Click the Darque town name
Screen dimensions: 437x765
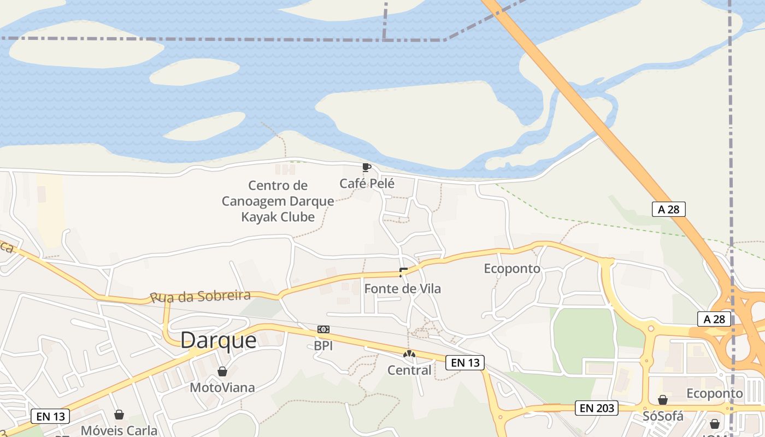[x=218, y=340]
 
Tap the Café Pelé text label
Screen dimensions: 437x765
[x=367, y=184]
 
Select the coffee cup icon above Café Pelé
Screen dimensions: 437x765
[x=366, y=167]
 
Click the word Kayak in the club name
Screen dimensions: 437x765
[x=259, y=217]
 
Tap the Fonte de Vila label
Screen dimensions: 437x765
[x=402, y=288]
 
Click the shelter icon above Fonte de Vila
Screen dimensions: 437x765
[x=403, y=272]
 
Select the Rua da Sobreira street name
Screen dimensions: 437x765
[x=200, y=297]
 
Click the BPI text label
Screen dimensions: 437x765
[x=323, y=346]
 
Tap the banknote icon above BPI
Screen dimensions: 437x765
[x=323, y=329]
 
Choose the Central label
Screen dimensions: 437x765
[x=409, y=370]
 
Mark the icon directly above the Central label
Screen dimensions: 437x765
[x=409, y=354]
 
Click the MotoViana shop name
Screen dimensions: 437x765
[x=222, y=388]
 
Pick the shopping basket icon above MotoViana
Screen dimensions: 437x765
[x=222, y=372]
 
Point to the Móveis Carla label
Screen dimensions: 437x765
[x=119, y=430]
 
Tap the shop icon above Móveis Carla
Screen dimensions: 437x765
[x=119, y=415]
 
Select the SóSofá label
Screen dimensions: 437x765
[x=663, y=416]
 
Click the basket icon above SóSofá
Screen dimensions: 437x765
[x=663, y=400]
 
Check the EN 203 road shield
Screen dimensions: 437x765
[x=597, y=408]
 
